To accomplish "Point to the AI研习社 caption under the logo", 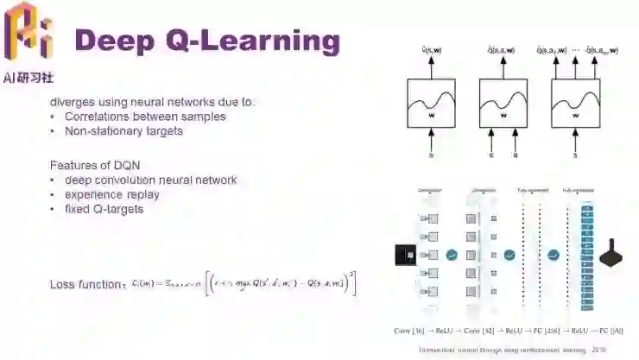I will tap(28, 77).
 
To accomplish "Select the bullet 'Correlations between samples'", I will tap(144, 117).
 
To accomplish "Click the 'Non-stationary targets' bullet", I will tap(123, 131).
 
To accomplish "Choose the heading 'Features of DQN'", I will tap(95, 165).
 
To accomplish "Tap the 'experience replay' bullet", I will tap(111, 194).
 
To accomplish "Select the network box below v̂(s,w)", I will tap(432, 102).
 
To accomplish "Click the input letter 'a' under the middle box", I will tap(516, 155).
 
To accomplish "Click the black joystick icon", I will tap(613, 254).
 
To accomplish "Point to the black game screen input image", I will tap(405, 254).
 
